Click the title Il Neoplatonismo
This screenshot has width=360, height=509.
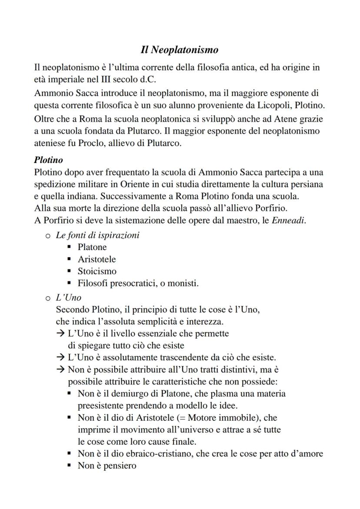180,50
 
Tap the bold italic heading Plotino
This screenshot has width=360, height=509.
48,160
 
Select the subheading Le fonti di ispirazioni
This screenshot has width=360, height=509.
98,235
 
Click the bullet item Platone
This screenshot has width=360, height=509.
92,247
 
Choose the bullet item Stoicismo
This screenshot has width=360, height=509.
97,272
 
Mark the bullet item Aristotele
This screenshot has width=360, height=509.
97,259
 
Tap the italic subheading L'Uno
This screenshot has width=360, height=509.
69,298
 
